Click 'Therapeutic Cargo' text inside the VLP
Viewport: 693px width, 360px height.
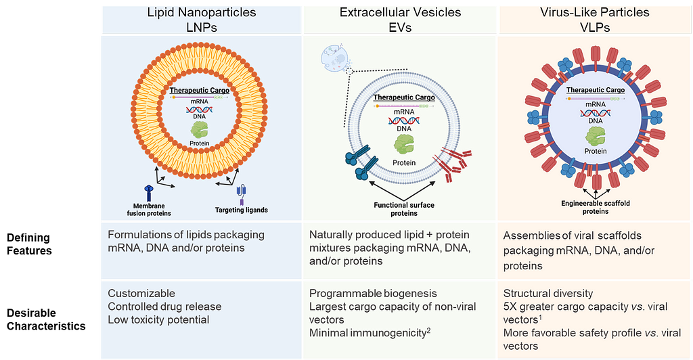[x=595, y=89]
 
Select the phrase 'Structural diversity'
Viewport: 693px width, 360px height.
[x=549, y=294]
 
